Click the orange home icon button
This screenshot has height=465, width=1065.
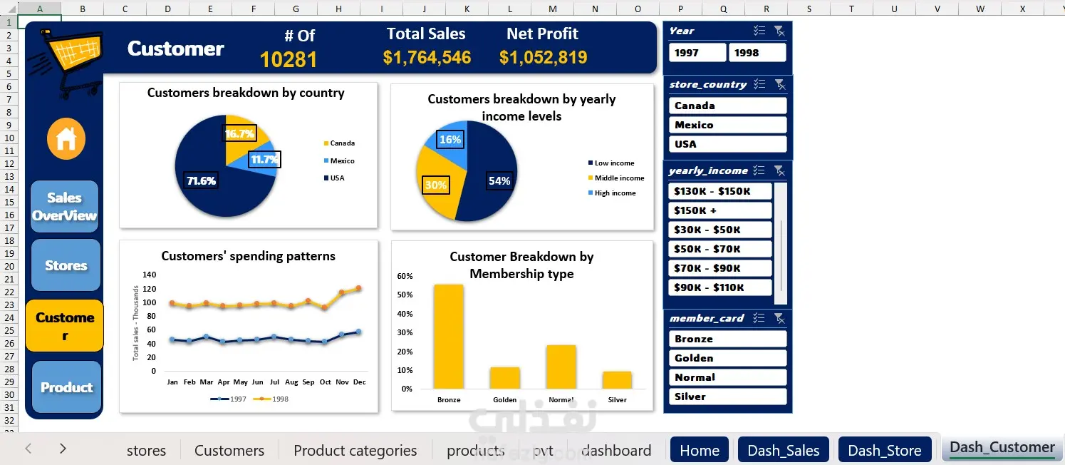click(66, 139)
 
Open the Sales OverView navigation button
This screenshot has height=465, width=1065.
click(64, 207)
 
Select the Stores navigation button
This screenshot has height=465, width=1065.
click(66, 265)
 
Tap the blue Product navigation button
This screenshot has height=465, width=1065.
click(66, 387)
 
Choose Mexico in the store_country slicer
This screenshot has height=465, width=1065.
click(727, 125)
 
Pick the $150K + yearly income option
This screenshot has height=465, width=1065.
click(720, 210)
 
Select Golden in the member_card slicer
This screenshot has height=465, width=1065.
click(727, 358)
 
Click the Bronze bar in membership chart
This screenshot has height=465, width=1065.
click(449, 337)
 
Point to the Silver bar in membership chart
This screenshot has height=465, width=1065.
click(617, 380)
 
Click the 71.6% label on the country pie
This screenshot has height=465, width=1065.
click(201, 181)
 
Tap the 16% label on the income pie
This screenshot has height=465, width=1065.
click(450, 140)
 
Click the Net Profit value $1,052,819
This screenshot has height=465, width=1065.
click(543, 58)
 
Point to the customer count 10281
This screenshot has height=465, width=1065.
click(289, 60)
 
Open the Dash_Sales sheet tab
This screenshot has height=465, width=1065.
click(784, 450)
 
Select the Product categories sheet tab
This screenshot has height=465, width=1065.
click(355, 450)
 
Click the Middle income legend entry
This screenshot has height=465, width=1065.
click(618, 178)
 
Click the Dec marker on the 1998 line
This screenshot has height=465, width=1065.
click(359, 288)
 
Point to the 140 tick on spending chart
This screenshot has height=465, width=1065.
click(149, 275)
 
